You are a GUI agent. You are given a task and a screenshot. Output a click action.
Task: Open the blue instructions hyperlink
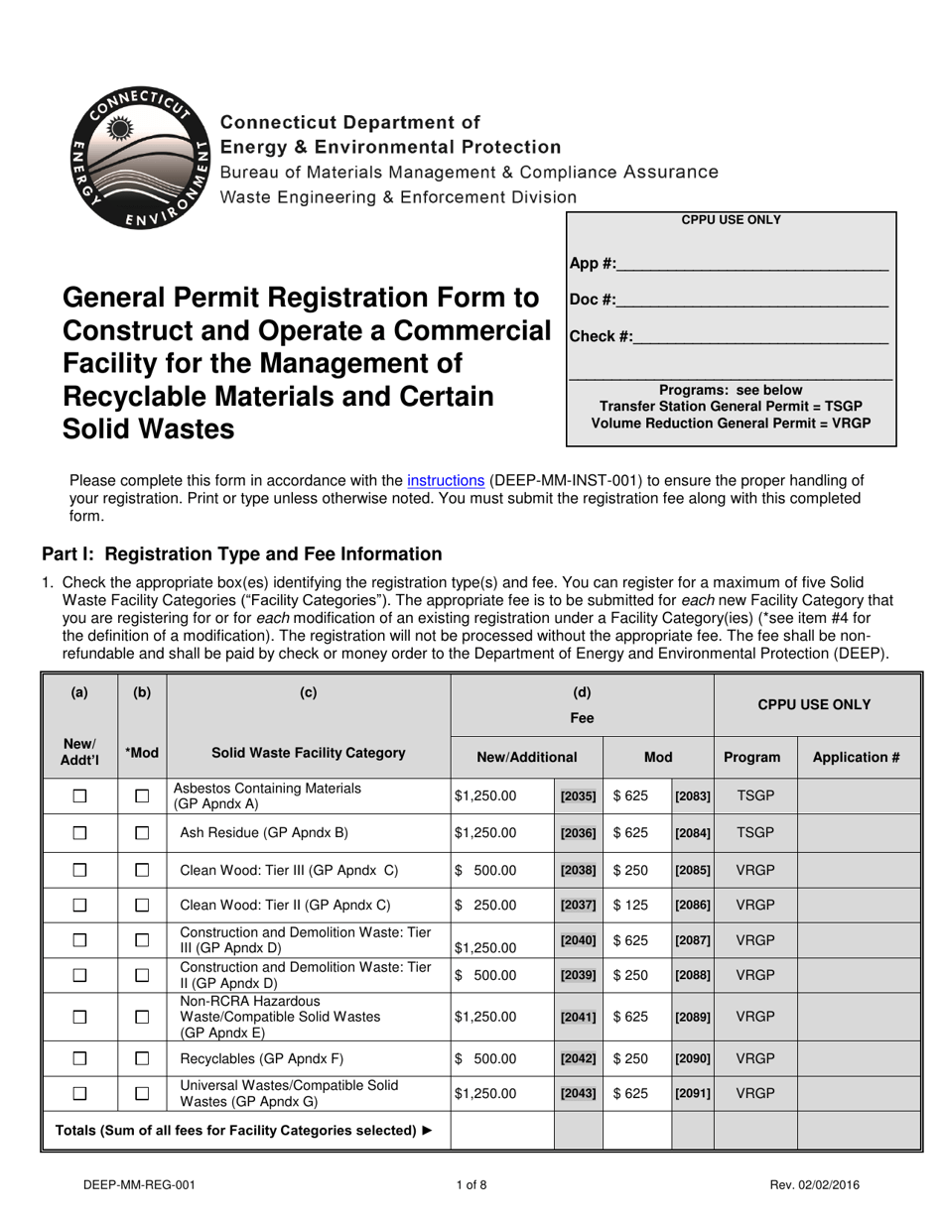coord(446,481)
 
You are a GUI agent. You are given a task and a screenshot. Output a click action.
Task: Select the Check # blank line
coord(759,337)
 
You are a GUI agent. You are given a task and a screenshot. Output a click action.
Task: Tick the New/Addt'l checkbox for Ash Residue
coord(79,833)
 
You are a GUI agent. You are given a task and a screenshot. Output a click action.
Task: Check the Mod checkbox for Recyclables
coord(142,1057)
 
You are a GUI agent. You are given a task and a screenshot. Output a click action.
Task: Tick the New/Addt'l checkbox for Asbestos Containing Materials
coord(79,795)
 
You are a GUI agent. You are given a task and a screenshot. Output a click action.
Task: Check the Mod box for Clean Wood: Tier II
coord(142,905)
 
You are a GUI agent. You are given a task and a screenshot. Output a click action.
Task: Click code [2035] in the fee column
coord(578,795)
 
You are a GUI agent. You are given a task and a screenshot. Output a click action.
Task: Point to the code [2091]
coord(693,1094)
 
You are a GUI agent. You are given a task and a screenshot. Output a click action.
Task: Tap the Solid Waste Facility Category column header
coord(308,753)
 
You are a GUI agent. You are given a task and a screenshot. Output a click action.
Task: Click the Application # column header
coord(856,757)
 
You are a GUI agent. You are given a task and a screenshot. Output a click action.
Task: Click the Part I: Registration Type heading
coord(241,554)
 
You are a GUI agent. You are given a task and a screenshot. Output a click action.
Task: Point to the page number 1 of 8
coord(471,1183)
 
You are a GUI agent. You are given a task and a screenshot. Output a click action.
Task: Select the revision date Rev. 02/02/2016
coord(819,1183)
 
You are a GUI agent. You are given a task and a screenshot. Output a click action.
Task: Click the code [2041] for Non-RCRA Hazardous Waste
coord(578,1017)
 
